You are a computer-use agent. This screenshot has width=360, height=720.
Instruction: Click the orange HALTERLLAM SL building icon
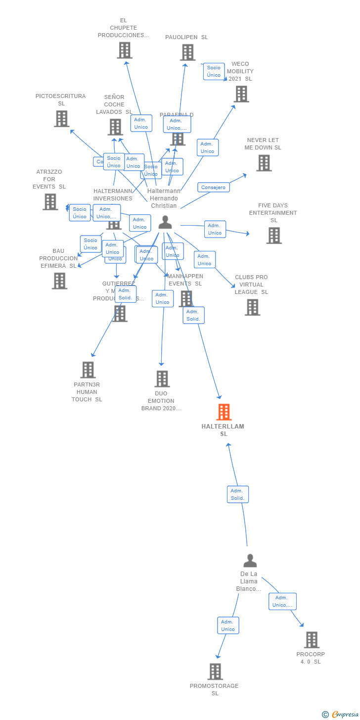tap(224, 412)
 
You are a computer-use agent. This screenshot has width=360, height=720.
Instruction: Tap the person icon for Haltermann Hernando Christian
tap(165, 223)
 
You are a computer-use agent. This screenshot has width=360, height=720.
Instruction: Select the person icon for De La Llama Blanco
tap(250, 561)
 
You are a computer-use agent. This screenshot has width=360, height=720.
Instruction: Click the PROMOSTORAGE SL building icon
tap(215, 672)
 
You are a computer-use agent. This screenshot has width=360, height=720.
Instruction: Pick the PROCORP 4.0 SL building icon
tap(312, 640)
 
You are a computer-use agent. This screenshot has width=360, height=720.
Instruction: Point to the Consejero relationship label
tap(214, 188)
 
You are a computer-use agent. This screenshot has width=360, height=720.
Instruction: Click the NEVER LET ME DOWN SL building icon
tap(264, 163)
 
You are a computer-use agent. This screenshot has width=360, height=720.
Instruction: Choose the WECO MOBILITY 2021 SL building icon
tap(241, 94)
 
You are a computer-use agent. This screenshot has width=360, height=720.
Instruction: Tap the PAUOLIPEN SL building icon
tap(187, 52)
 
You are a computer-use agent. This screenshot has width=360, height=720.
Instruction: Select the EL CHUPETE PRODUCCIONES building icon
tap(125, 50)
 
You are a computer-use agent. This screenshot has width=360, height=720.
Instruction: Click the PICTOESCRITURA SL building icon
tap(61, 119)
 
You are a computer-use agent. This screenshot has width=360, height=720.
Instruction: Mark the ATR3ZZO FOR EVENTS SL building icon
tap(50, 202)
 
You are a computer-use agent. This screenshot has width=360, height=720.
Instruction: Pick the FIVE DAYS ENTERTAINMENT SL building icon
tap(274, 236)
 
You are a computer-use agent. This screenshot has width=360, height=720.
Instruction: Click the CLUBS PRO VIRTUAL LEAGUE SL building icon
tap(252, 307)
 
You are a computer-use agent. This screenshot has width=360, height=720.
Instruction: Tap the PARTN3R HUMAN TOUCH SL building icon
tap(88, 370)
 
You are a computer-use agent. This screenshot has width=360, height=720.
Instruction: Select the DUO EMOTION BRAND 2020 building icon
tap(162, 379)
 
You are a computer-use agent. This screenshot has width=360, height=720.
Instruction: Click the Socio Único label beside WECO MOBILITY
tap(214, 71)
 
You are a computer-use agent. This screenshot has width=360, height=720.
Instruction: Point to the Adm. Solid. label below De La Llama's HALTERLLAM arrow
tap(237, 494)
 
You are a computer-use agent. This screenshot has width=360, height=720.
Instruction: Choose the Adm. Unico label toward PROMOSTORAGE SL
tap(228, 625)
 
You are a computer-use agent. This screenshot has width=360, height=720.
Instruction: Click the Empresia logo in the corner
tap(341, 714)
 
